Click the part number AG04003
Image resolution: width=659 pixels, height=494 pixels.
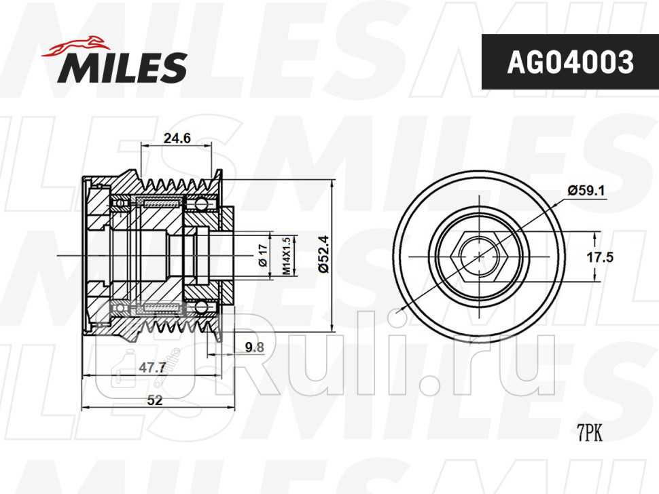(570, 62)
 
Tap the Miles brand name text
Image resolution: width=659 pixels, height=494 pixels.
(122, 68)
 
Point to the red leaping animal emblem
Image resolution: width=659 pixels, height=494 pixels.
(75, 45)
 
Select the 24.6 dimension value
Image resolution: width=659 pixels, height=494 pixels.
(177, 138)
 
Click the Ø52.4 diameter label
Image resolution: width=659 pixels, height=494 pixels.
(323, 254)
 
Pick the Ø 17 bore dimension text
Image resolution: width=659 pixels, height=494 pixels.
(263, 255)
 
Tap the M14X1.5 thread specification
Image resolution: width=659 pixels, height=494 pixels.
(286, 256)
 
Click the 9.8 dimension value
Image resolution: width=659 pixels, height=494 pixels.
(255, 347)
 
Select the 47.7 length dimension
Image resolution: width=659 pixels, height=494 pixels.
(152, 368)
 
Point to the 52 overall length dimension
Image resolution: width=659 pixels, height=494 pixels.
(155, 400)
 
